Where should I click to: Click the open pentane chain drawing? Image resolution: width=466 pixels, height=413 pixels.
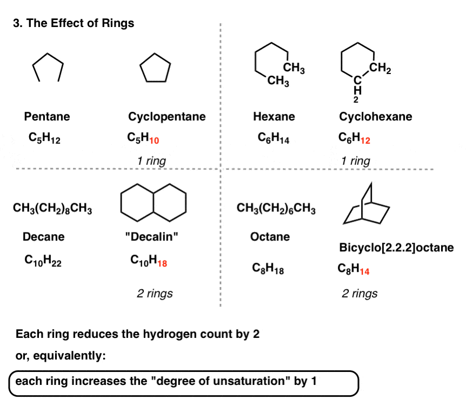point(48,54)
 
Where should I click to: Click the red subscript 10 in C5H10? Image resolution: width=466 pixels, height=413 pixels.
point(154,140)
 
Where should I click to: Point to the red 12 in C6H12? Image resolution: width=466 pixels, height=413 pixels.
point(365,140)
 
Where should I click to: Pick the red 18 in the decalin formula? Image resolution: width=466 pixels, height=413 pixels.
point(162,264)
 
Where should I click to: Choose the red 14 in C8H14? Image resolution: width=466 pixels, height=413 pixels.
point(365,271)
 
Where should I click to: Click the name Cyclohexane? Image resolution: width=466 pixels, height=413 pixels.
point(376,117)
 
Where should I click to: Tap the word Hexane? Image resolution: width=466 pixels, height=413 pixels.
point(274,117)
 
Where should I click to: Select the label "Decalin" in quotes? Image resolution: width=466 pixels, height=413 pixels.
point(151,237)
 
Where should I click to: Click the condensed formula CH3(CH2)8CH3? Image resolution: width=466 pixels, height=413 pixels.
point(52,208)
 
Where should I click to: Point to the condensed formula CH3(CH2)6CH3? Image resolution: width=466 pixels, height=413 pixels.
point(276,208)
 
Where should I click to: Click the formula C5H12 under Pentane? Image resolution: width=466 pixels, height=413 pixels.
point(44,138)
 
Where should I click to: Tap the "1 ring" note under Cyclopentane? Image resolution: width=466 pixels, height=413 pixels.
point(151,161)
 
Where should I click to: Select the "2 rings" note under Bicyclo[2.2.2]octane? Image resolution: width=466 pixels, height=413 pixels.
point(360,294)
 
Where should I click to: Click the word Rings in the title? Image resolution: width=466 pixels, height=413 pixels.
point(118,23)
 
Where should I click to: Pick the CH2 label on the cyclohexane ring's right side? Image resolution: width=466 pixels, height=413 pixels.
point(380,68)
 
